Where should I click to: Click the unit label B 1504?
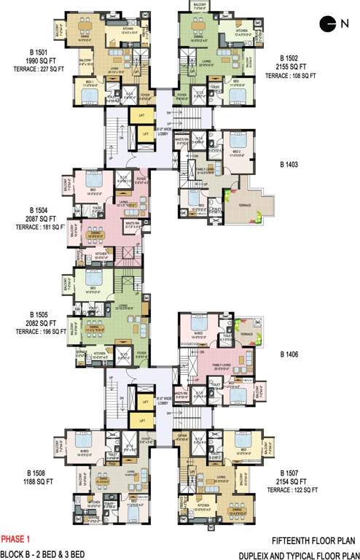(36, 209)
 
